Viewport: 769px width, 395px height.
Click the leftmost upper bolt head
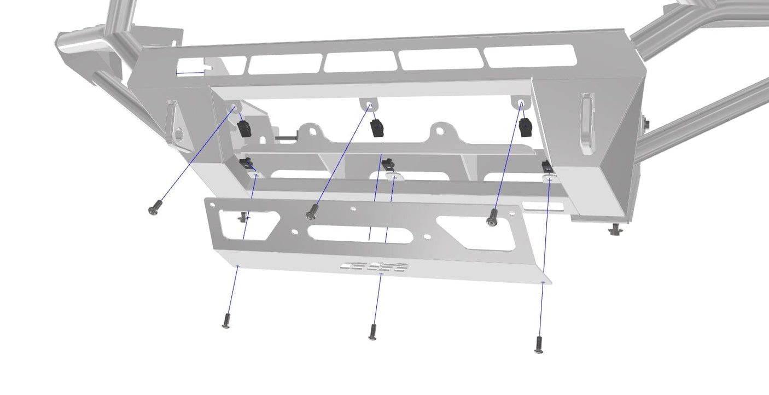coord(155,207)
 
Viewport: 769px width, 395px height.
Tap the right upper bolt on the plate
coord(492,217)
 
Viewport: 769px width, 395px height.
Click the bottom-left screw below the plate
coord(226,321)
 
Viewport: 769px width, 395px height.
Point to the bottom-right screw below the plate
coord(538,344)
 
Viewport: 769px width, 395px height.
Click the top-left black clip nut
coord(244,128)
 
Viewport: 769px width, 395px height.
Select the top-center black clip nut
coord(377,128)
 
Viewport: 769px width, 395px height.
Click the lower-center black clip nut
coord(388,162)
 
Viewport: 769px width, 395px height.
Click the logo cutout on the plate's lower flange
coord(375,267)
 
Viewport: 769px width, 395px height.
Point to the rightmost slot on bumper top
coord(529,56)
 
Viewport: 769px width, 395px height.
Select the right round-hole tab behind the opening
coord(442,131)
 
